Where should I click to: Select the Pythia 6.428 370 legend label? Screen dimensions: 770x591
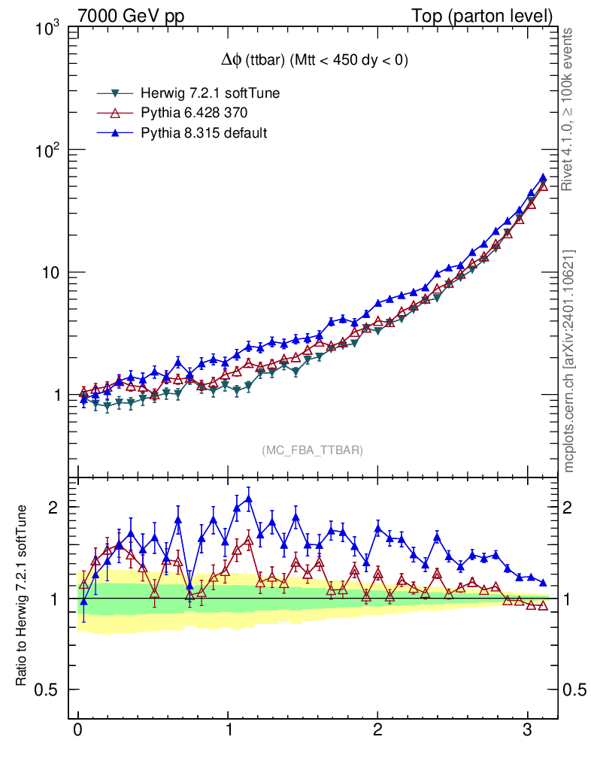click(x=194, y=113)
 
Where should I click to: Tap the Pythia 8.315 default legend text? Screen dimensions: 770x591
click(x=204, y=133)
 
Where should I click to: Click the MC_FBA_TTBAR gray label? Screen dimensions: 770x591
click(x=312, y=450)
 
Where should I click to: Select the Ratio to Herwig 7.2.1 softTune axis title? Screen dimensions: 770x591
click(x=23, y=594)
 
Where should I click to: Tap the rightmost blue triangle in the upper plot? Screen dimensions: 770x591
click(x=543, y=177)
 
